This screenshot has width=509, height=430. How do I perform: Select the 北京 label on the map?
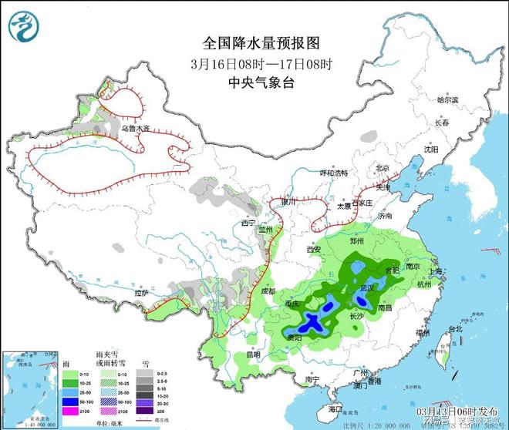pos(383,167)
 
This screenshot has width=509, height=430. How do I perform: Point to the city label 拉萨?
pos(140,293)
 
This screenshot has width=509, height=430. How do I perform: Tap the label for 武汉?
pos(366,287)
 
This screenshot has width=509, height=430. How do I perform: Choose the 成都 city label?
pos(267,291)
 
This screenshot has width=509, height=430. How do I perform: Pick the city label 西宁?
pos(248,223)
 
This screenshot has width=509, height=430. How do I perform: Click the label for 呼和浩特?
pos(334,173)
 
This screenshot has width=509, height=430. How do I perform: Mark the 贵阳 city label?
pos(293,337)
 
